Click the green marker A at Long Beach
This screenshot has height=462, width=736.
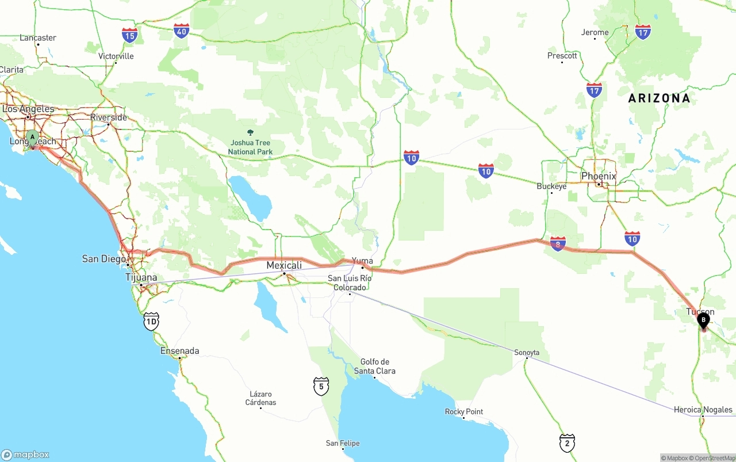pyautogui.click(x=33, y=138)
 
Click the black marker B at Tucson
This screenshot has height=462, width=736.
pyautogui.click(x=703, y=320)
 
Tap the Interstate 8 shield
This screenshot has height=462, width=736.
pyautogui.click(x=558, y=243)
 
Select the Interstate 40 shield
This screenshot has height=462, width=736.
pyautogui.click(x=182, y=31)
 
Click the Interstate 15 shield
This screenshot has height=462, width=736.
pyautogui.click(x=130, y=35)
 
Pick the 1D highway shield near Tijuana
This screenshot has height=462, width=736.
pyautogui.click(x=151, y=322)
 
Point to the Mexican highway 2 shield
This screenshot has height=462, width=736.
pyautogui.click(x=567, y=442)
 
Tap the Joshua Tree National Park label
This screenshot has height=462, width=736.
pyautogui.click(x=250, y=147)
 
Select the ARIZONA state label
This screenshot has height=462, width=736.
pyautogui.click(x=659, y=98)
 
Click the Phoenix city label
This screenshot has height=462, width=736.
pyautogui.click(x=599, y=176)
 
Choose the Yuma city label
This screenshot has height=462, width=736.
pyautogui.click(x=362, y=261)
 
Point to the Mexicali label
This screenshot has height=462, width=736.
pyautogui.click(x=284, y=265)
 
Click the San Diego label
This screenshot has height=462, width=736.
pyautogui.click(x=104, y=259)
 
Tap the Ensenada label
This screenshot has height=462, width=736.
pyautogui.click(x=180, y=351)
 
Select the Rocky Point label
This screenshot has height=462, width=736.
pyautogui.click(x=464, y=412)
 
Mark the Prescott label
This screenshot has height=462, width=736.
pyautogui.click(x=562, y=56)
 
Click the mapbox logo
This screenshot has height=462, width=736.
pyautogui.click(x=25, y=455)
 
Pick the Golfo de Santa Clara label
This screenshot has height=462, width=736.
pyautogui.click(x=375, y=366)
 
